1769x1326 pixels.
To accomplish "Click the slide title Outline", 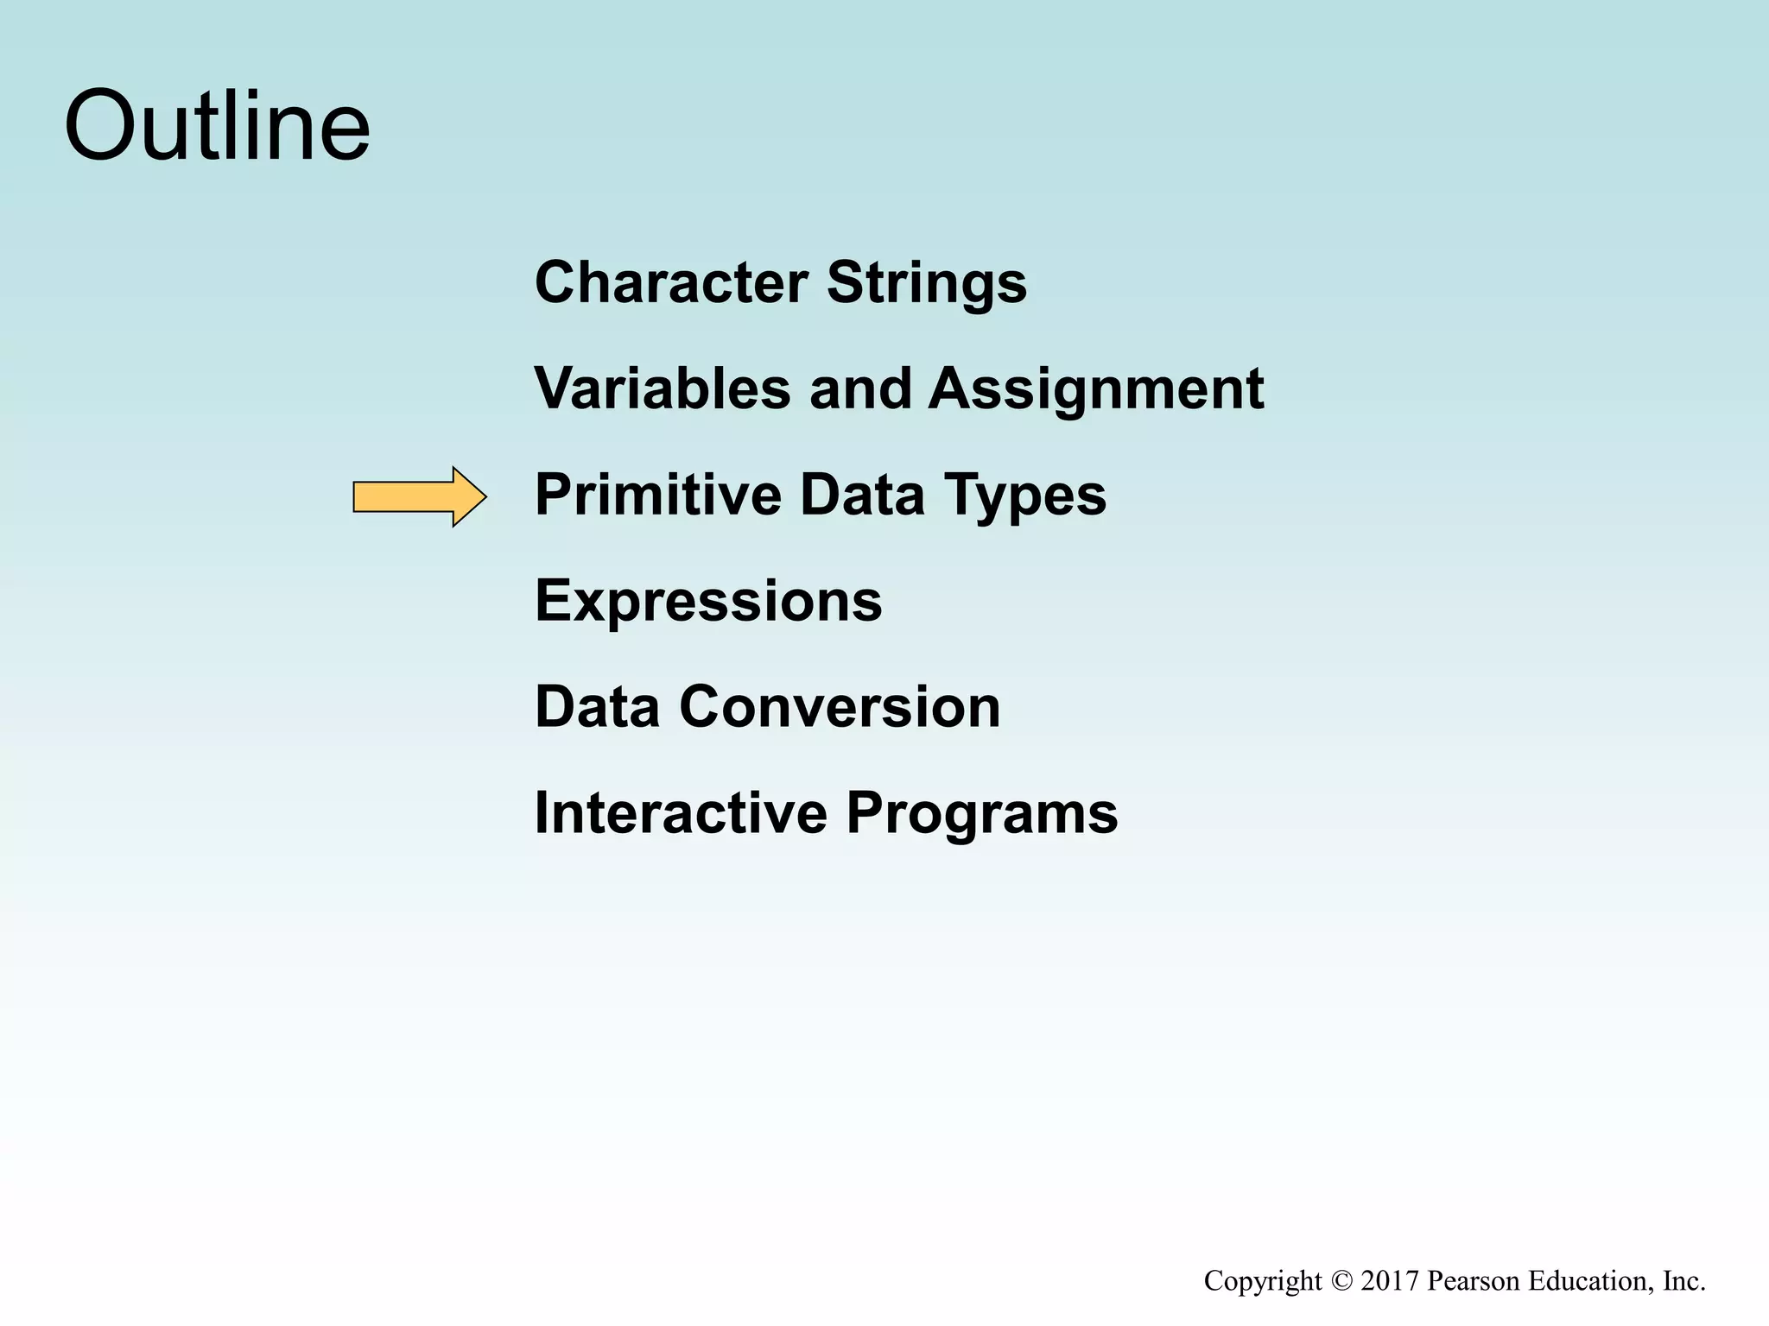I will pos(217,127).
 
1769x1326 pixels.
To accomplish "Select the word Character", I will pos(671,282).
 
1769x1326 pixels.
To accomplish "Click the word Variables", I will pos(662,388).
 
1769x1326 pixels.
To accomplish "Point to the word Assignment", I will pos(1095,390).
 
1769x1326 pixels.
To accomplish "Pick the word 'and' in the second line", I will pos(859,388).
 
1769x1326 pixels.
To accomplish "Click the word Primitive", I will pos(657,496).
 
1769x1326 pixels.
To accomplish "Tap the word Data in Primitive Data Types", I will pos(862,496).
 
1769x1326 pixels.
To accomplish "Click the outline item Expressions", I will pos(708,602).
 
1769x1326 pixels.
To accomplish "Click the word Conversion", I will pos(840,707).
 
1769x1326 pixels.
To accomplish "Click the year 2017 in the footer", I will pos(1390,1280).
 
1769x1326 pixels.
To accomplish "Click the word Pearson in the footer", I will pos(1474,1280).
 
